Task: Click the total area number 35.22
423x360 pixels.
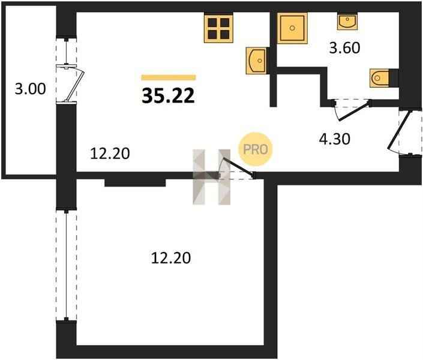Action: (168, 96)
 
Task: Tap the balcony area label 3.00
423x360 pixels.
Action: (30, 89)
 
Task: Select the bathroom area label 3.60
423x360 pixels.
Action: (344, 48)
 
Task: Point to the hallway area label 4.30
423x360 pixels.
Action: (335, 139)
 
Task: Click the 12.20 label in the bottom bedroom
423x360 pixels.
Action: (171, 257)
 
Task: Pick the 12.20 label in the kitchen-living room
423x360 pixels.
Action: (110, 154)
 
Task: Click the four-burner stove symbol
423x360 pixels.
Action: (218, 29)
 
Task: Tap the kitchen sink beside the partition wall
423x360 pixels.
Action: (256, 61)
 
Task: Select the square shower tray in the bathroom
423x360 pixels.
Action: (292, 28)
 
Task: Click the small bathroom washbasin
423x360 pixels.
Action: (347, 22)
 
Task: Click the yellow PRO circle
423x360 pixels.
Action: (256, 149)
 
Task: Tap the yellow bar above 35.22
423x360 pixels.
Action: (169, 78)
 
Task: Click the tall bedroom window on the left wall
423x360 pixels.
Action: (67, 265)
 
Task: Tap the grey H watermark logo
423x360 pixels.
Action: (211, 177)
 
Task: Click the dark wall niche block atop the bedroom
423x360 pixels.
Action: (135, 182)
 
